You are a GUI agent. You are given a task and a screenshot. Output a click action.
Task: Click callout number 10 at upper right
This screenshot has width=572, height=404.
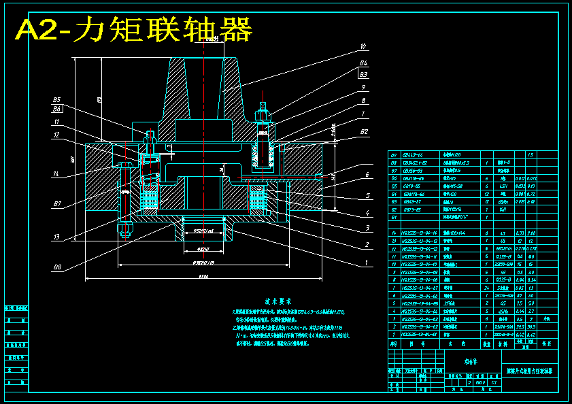point(363,47)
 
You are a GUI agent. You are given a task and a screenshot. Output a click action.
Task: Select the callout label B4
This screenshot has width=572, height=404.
point(364,64)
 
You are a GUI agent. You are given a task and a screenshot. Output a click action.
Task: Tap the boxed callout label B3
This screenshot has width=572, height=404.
point(364,74)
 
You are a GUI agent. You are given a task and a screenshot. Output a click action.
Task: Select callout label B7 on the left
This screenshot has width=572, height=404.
point(57,203)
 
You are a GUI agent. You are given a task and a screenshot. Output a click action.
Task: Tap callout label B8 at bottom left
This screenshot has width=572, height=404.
point(57,267)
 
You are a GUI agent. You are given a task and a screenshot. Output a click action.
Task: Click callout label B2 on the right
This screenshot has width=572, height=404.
point(365,131)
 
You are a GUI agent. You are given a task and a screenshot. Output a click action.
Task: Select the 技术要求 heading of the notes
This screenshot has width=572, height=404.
point(277,300)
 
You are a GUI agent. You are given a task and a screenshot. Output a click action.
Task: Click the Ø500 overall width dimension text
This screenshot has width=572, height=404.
point(203,276)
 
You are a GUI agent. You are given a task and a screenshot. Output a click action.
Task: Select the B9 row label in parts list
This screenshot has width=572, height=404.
point(393,156)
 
